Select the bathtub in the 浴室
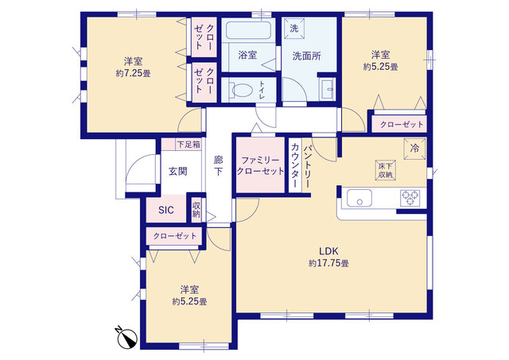pos(248,34)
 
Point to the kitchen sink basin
pos(357,198)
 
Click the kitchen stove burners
pos(410,197)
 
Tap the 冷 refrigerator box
pos(414,148)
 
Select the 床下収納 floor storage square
pos(385,169)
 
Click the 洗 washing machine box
pos(293,29)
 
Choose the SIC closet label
pos(165,211)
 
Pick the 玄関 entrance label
pos(177,171)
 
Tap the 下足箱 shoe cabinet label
pos(188,145)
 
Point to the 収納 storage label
pos(196,210)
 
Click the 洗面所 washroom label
pos(306,56)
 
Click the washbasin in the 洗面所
pos(327,89)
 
